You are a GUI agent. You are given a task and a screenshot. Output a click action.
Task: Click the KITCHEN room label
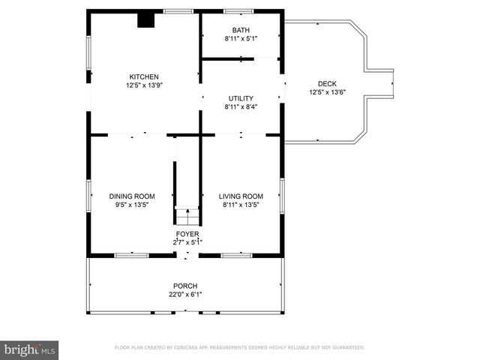144,76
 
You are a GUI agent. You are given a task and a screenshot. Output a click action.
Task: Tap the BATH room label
241,30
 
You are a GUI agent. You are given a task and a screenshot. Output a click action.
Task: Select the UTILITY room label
241,98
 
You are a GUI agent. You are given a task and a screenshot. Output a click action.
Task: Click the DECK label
327,84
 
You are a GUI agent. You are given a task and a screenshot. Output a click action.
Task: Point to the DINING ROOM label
132,196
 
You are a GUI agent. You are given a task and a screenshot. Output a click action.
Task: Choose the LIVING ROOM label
241,196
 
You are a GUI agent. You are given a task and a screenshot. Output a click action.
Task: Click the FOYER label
187,234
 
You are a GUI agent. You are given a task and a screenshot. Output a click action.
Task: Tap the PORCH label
185,286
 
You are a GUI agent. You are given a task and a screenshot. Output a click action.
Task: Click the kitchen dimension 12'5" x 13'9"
144,85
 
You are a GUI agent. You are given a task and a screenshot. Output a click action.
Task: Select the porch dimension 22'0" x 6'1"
185,294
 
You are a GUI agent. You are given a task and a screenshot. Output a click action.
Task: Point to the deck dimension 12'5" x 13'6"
327,92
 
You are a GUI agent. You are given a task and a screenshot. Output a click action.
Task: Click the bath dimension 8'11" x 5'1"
241,38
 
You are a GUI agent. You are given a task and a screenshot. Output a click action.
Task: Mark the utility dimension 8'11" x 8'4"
241,106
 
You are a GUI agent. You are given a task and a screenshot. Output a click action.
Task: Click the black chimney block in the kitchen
145,20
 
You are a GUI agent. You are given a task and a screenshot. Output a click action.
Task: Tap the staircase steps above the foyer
187,216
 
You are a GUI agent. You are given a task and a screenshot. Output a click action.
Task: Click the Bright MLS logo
30,349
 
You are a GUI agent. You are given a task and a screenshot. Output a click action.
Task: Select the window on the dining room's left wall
89,194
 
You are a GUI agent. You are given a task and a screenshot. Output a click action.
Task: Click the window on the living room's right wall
281,194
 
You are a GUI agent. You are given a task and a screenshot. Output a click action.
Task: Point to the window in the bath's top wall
239,11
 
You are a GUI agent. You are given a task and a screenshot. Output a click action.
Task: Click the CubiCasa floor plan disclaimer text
239,347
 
